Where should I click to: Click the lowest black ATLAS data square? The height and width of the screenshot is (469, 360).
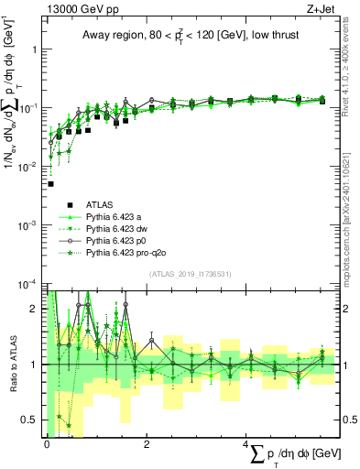(x=50, y=184)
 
